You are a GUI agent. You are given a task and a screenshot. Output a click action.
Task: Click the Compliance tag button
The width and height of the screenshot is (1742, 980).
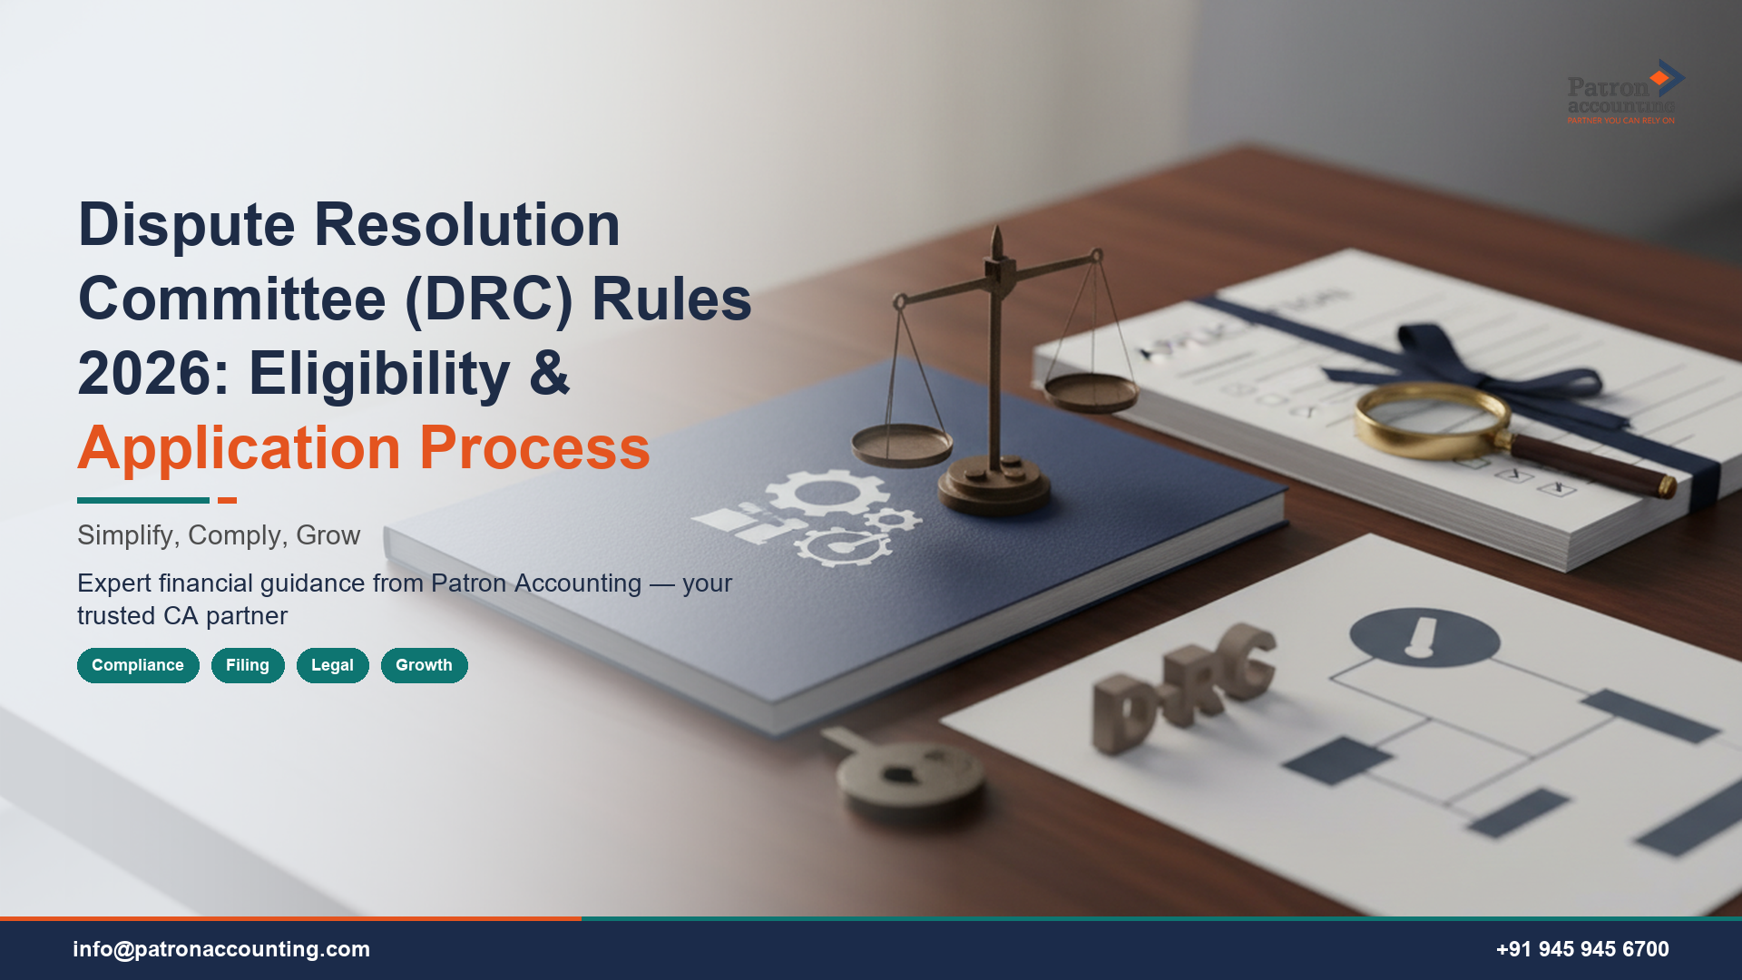tap(138, 665)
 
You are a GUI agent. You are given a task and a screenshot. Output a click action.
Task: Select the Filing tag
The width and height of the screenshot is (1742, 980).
tap(248, 665)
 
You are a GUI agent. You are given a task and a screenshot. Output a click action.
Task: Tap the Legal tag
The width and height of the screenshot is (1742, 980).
tap(332, 665)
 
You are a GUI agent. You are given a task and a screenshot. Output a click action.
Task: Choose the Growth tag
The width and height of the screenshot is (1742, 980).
tap(424, 665)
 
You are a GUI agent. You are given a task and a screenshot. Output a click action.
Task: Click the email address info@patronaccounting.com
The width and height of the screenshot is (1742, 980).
tap(221, 949)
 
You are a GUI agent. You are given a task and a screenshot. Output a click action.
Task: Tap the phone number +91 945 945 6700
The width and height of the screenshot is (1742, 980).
tap(1582, 949)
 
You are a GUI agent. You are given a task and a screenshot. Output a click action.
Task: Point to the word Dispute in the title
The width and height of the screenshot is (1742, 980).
tap(187, 225)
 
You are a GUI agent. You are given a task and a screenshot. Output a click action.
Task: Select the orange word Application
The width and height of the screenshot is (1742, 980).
tap(239, 448)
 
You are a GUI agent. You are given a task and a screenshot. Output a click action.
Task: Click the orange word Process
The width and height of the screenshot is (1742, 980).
tap(534, 448)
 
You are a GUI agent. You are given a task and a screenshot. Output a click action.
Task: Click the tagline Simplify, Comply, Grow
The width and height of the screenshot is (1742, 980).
tap(219, 535)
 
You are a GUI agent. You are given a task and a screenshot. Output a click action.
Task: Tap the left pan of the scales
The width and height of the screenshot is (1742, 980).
tap(901, 446)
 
